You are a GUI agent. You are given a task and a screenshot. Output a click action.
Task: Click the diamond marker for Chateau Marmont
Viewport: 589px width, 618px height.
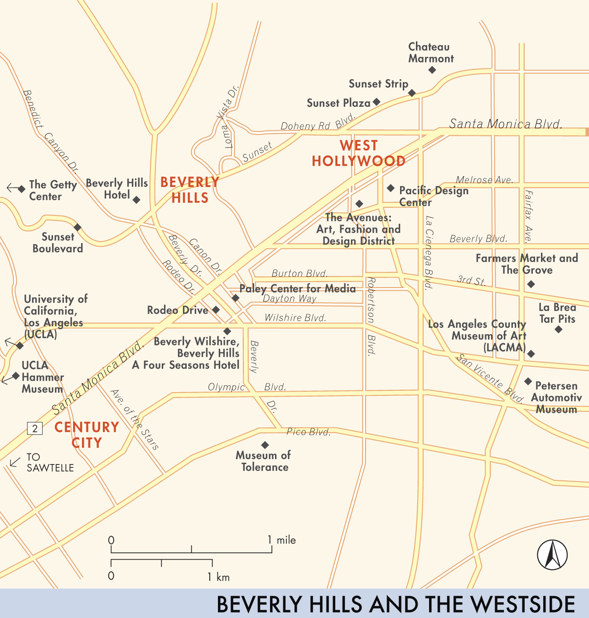coord(432,70)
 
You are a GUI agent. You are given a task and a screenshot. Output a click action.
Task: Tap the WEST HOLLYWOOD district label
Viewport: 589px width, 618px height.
coord(358,153)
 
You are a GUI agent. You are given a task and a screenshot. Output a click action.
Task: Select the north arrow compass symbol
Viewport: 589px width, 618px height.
coord(552,555)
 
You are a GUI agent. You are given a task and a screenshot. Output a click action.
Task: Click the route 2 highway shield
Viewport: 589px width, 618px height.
coord(35,428)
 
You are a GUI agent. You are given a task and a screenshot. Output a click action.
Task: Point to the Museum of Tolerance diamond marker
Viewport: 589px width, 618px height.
coord(265,445)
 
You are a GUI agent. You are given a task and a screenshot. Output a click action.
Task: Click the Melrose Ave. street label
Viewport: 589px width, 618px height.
coord(484,180)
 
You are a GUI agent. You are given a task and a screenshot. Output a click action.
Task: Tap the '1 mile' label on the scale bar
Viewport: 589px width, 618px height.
coord(282,540)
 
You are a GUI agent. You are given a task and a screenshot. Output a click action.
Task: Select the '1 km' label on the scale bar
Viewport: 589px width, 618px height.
coord(219,577)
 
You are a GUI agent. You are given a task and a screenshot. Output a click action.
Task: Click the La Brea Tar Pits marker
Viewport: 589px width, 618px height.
coord(558,329)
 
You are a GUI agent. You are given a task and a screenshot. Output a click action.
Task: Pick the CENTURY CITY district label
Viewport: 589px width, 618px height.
coord(87,435)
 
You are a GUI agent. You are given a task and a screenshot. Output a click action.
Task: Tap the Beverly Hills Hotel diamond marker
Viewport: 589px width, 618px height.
coord(136,200)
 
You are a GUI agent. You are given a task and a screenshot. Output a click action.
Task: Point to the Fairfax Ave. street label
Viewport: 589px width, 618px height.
coord(528,216)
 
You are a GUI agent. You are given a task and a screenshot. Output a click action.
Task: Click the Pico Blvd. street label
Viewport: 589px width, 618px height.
coord(309,432)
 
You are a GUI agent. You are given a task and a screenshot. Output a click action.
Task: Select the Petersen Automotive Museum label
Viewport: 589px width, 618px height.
coord(556,398)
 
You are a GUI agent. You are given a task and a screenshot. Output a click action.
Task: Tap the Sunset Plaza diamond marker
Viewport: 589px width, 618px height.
coord(376,102)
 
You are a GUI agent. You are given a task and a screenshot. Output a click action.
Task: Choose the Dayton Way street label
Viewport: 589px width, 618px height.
coord(290,298)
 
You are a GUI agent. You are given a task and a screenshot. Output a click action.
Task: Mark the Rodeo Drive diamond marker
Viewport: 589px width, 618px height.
coord(216,310)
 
